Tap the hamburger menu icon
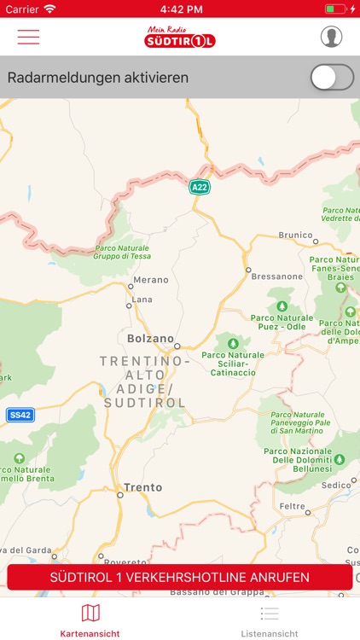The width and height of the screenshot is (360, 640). [28, 37]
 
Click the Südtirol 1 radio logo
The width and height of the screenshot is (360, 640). [179, 37]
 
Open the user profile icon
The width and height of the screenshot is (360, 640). [332, 37]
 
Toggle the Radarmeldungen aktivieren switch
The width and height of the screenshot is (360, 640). [331, 78]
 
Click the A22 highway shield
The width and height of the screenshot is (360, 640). [199, 187]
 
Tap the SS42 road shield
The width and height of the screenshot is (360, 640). [20, 415]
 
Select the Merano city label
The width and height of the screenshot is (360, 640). [152, 280]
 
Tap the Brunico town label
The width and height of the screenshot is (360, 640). [297, 235]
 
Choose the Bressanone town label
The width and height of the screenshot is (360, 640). [276, 276]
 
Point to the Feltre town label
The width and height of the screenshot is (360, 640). [293, 506]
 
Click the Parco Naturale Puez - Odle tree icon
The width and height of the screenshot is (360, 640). [282, 305]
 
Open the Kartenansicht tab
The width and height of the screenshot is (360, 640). [90, 620]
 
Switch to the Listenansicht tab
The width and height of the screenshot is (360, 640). [270, 620]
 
